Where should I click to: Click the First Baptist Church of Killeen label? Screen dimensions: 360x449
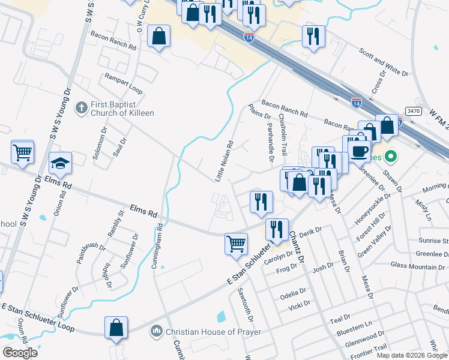(122, 109)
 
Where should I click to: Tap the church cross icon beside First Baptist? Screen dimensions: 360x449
(81, 108)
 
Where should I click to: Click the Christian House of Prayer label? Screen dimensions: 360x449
(214, 332)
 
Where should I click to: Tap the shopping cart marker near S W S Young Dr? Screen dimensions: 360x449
(23, 151)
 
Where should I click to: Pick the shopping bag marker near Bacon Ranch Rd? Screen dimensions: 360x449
(158, 37)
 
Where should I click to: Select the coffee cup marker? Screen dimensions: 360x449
(360, 150)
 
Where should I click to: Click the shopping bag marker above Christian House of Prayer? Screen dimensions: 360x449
(116, 328)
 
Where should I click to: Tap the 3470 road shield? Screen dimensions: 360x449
(413, 111)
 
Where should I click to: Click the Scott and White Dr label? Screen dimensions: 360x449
(383, 63)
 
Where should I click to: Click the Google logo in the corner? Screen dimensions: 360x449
(20, 352)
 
